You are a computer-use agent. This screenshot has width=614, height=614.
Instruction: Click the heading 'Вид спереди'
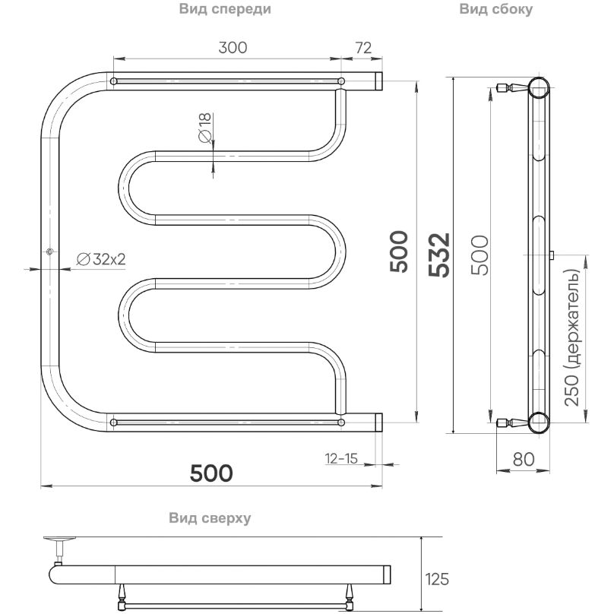pos(225,9)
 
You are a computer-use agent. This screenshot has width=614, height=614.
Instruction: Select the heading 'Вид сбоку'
pos(495,9)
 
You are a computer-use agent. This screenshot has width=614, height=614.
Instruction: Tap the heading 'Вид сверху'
pos(210,518)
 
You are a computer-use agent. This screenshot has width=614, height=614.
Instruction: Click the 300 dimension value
pos(233,47)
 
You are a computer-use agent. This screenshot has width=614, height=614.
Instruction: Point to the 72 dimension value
pos(363,47)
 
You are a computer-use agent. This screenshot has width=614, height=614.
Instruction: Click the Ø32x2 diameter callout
pos(101,259)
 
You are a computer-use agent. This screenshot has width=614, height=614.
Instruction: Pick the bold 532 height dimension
pos(438,255)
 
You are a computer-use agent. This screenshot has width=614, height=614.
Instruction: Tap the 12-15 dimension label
pos(341,458)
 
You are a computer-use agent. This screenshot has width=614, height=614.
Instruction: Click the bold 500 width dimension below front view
pos(211,473)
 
